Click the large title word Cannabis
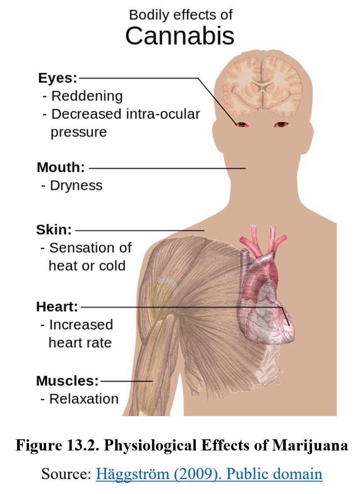click(180, 35)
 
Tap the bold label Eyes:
click(58, 78)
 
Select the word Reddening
click(87, 96)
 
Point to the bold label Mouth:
click(61, 167)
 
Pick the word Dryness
click(76, 186)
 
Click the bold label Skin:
click(54, 230)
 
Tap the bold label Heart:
click(57, 307)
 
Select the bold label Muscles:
click(68, 381)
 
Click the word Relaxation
click(84, 399)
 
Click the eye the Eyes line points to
click(242, 125)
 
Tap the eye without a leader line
click(281, 125)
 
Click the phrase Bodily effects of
click(181, 15)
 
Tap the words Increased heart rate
click(81, 334)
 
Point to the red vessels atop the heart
click(262, 241)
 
